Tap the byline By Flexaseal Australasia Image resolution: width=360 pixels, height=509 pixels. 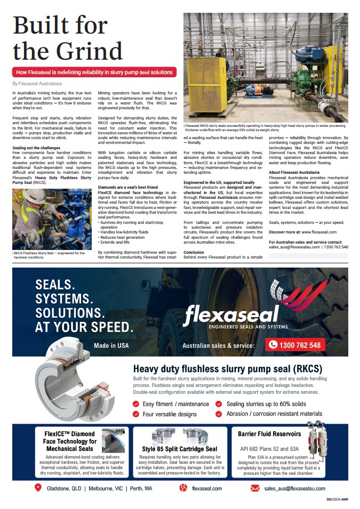click(37, 84)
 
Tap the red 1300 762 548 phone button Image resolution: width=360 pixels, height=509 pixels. click(295, 345)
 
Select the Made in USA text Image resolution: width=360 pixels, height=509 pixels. click(111, 345)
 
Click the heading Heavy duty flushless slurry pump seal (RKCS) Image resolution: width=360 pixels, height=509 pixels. click(228, 369)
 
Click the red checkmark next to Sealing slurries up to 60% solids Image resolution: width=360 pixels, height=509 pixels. click(219, 404)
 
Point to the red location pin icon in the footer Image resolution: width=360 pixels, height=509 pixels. click(38, 488)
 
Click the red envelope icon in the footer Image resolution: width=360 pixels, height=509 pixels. click(254, 488)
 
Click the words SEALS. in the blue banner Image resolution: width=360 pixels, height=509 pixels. click(55, 285)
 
